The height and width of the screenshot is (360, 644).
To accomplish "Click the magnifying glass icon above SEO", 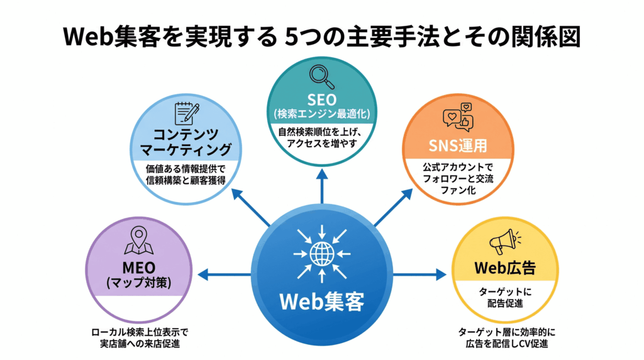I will tap(322, 76).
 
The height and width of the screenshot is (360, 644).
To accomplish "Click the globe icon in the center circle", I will tap(321, 254).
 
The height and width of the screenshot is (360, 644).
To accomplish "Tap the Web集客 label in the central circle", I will tap(321, 301).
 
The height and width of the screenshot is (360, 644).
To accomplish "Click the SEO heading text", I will tap(321, 100).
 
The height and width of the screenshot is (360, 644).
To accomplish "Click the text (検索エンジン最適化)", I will tap(321, 114).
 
